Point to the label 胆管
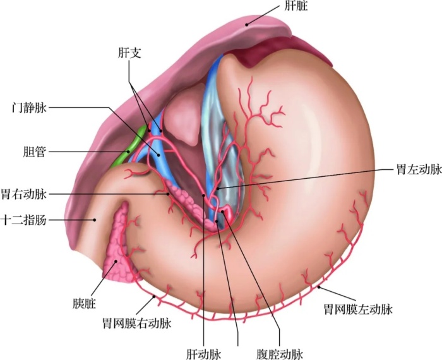click(35, 152)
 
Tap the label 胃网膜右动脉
click(137, 323)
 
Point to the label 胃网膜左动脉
click(359, 309)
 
